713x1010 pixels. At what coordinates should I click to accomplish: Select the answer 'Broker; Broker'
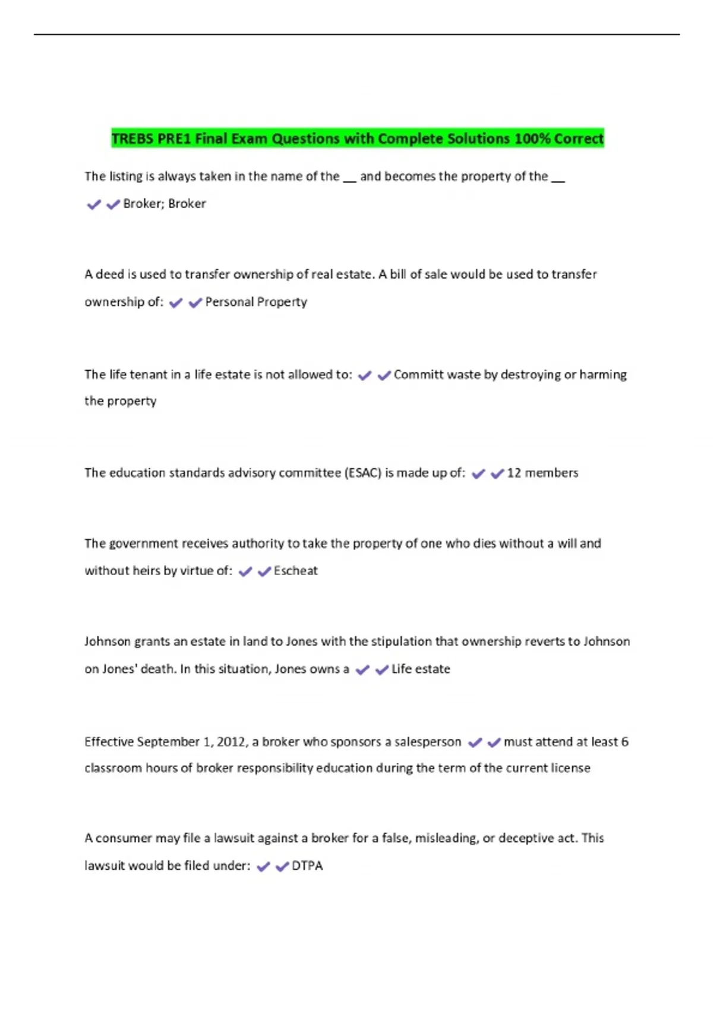164,204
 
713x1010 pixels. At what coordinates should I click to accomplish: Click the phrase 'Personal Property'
256,302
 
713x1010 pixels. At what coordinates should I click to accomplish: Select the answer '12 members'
542,473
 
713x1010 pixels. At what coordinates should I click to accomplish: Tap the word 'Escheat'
295,571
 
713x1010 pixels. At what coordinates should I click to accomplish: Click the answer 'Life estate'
421,669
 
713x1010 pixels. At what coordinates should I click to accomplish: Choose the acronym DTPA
307,866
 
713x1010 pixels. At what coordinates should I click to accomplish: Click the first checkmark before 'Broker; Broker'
94,204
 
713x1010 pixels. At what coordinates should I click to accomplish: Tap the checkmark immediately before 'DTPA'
282,866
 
